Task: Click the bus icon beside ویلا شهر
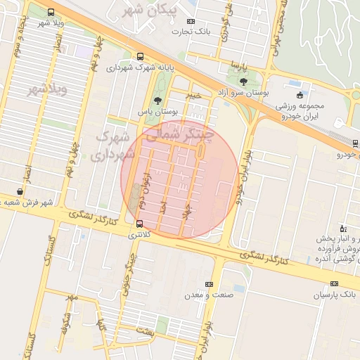pos(50,12)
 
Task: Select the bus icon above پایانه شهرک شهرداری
pos(140,57)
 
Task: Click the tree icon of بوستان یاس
pos(157,101)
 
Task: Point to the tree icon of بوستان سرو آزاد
pos(243,82)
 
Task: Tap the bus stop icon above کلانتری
pos(139,225)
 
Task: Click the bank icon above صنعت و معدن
pos(208,284)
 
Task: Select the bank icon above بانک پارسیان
pos(334,284)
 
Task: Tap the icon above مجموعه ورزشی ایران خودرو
pos(300,95)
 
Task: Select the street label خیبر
pos(195,94)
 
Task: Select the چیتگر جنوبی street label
pos(126,281)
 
